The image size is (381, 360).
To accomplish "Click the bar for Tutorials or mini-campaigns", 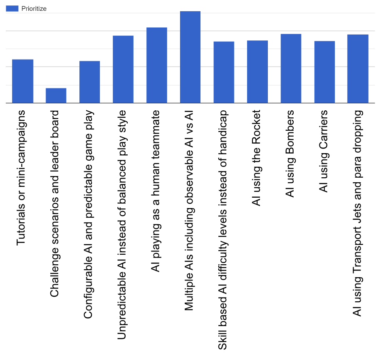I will tap(22, 81).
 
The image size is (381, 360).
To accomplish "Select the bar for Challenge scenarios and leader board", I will tap(56, 95).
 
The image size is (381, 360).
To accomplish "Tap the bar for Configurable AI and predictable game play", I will tap(89, 82).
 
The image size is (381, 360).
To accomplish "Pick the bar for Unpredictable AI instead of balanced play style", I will tap(123, 69).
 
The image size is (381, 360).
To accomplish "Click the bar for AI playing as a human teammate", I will tap(157, 65).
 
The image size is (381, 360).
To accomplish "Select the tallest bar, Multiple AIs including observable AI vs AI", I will tap(190, 57).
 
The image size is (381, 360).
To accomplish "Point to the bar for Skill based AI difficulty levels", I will tap(224, 72).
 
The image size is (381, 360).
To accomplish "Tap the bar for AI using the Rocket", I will tap(257, 72).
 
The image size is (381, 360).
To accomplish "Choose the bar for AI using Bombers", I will tap(291, 68).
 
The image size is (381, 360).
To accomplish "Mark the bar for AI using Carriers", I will tap(324, 72).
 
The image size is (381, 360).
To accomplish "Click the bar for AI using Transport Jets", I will tap(358, 69).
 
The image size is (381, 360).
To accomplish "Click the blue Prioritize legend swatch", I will tap(12, 8).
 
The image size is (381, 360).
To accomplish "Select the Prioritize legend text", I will tap(34, 8).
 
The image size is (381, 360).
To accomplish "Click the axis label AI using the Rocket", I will tap(257, 158).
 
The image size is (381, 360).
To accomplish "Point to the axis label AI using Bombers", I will tap(290, 154).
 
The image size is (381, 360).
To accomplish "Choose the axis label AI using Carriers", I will tap(324, 151).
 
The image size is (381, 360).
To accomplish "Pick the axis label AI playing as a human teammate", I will tap(156, 191).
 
